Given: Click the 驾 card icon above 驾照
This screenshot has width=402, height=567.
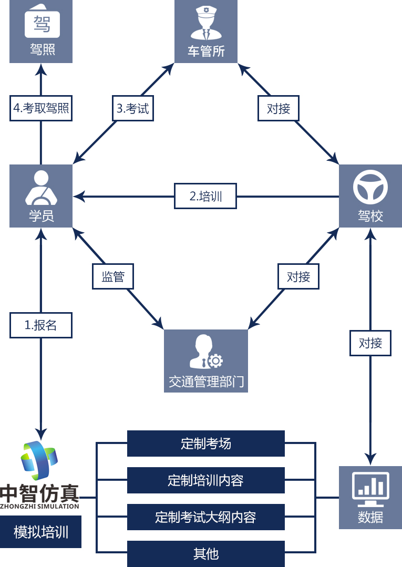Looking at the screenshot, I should (x=42, y=23).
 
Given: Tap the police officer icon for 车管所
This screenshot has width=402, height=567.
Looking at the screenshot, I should (x=206, y=24).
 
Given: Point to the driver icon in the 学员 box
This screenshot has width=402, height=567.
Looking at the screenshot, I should (x=41, y=188).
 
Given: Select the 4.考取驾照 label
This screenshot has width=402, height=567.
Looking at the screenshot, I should (x=41, y=109).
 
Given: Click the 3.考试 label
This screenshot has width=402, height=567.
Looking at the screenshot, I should (x=133, y=109).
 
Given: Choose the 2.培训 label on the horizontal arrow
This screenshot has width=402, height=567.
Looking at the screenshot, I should (x=205, y=197).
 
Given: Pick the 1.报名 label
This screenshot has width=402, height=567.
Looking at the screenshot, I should (x=41, y=325).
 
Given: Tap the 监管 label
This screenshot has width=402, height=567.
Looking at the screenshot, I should (x=113, y=276).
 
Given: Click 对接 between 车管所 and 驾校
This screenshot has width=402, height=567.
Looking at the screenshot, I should (x=279, y=109).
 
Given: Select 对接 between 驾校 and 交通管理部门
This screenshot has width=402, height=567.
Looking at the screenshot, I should (x=298, y=276).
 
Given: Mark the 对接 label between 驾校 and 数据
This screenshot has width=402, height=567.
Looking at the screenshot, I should (x=370, y=343).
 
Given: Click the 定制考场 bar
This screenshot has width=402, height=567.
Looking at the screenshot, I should (x=205, y=444).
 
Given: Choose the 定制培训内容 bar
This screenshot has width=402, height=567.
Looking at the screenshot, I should (x=205, y=480).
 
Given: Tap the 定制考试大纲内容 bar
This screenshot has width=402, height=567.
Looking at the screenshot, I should (x=205, y=517).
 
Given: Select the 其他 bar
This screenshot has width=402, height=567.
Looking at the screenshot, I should (x=205, y=554).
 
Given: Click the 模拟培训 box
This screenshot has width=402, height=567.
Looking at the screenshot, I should (x=41, y=532).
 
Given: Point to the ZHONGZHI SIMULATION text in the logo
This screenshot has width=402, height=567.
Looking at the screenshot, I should (x=40, y=507).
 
